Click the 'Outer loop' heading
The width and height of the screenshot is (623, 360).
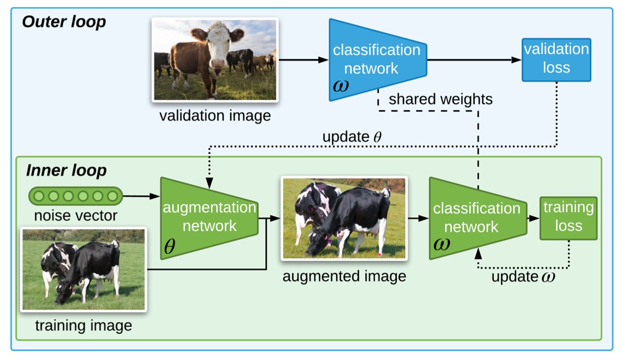[x=63, y=22]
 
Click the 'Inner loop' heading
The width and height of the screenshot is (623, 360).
[x=66, y=171]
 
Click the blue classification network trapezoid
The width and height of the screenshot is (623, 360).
[x=376, y=60]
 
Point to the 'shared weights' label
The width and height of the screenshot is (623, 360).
[x=440, y=99]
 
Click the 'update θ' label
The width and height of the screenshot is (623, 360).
[x=352, y=137]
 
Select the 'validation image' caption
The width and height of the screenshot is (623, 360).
[x=215, y=116]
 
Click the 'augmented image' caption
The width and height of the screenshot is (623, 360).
[x=344, y=276]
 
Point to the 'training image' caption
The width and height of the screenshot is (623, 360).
[x=83, y=326]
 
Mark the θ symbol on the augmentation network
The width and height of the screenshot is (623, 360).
[x=170, y=246]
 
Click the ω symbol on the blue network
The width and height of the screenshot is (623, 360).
[x=341, y=85]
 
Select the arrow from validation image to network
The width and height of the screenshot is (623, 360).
[x=303, y=60]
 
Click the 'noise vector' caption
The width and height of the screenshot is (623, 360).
[x=75, y=216]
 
